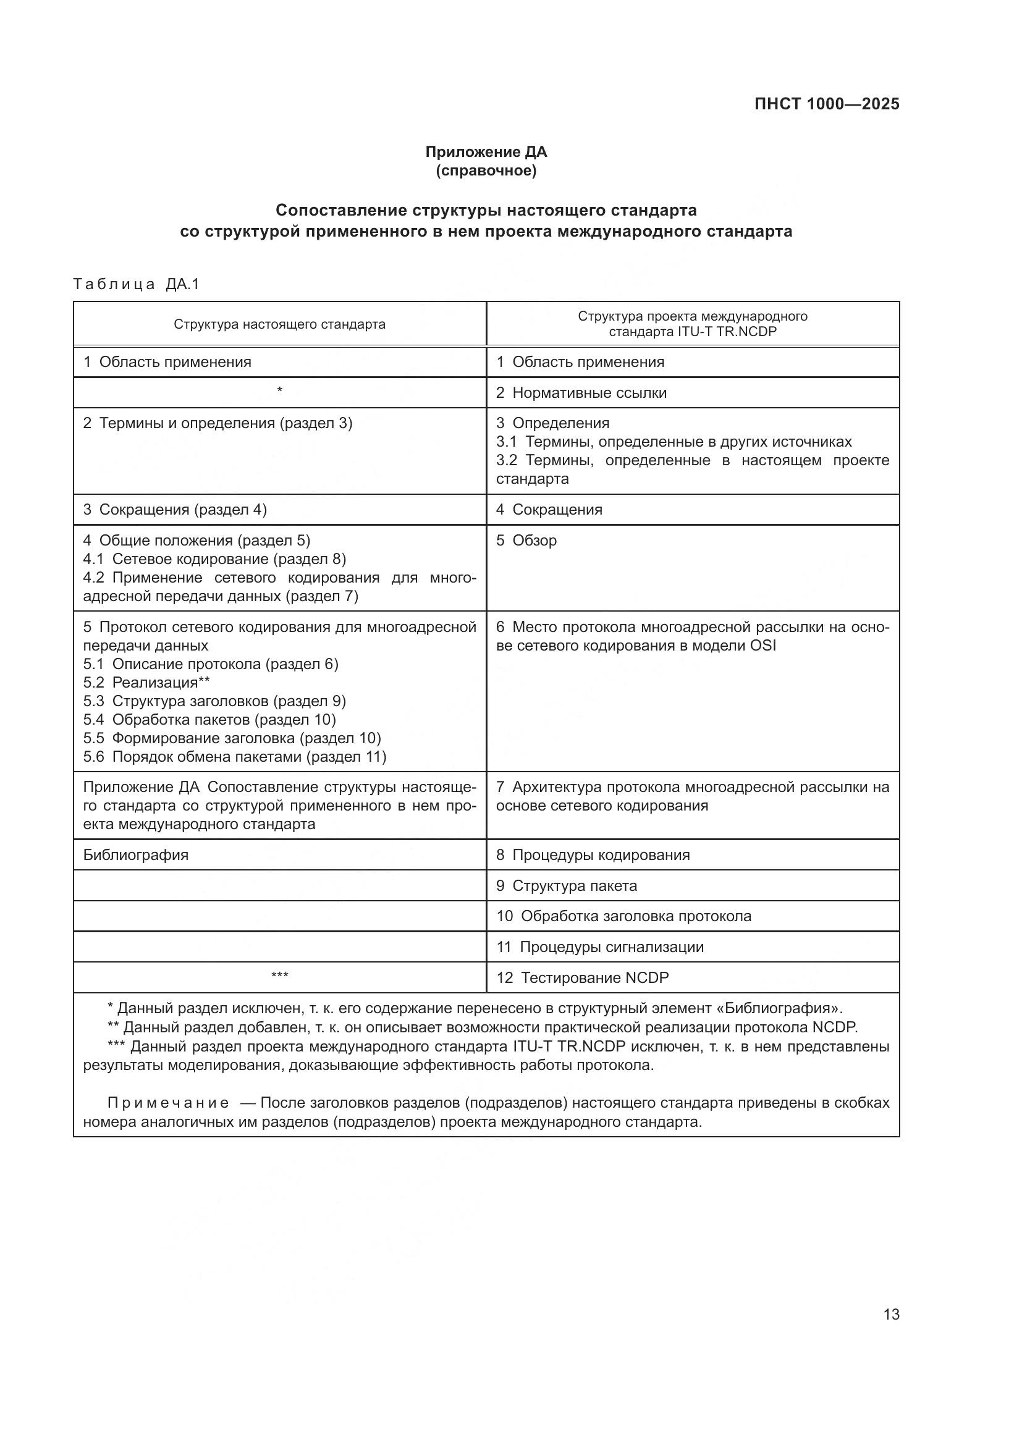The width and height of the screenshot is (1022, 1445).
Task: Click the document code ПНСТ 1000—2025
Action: coord(826,104)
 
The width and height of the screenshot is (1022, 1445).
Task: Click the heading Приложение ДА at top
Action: coord(486,152)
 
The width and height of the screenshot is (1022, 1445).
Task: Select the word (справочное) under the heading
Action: coord(486,171)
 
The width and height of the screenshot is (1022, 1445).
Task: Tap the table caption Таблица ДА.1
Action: coord(136,284)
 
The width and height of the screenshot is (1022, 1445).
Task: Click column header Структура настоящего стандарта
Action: coord(279,324)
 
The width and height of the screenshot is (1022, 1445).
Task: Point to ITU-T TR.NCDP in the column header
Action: coord(727,332)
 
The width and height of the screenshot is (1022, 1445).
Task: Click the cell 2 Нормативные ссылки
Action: coord(581,393)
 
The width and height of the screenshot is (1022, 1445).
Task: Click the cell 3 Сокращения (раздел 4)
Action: coord(175,510)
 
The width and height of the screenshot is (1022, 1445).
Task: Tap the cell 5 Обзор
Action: coord(526,541)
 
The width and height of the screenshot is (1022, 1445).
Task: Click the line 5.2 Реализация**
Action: coord(146,682)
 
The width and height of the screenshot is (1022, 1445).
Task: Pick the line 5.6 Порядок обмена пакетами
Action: coord(234,757)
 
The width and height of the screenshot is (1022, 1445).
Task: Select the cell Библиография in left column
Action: coord(136,854)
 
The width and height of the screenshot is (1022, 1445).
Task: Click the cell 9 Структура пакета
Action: coord(567,885)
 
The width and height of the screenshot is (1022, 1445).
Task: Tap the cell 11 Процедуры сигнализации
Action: coord(600,946)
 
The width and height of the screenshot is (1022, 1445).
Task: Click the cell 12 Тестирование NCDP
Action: coord(582,977)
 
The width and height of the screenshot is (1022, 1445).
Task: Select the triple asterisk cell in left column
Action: coord(279,975)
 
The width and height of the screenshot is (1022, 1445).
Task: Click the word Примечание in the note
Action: coord(168,1103)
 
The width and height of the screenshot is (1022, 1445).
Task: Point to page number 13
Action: coord(891,1314)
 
